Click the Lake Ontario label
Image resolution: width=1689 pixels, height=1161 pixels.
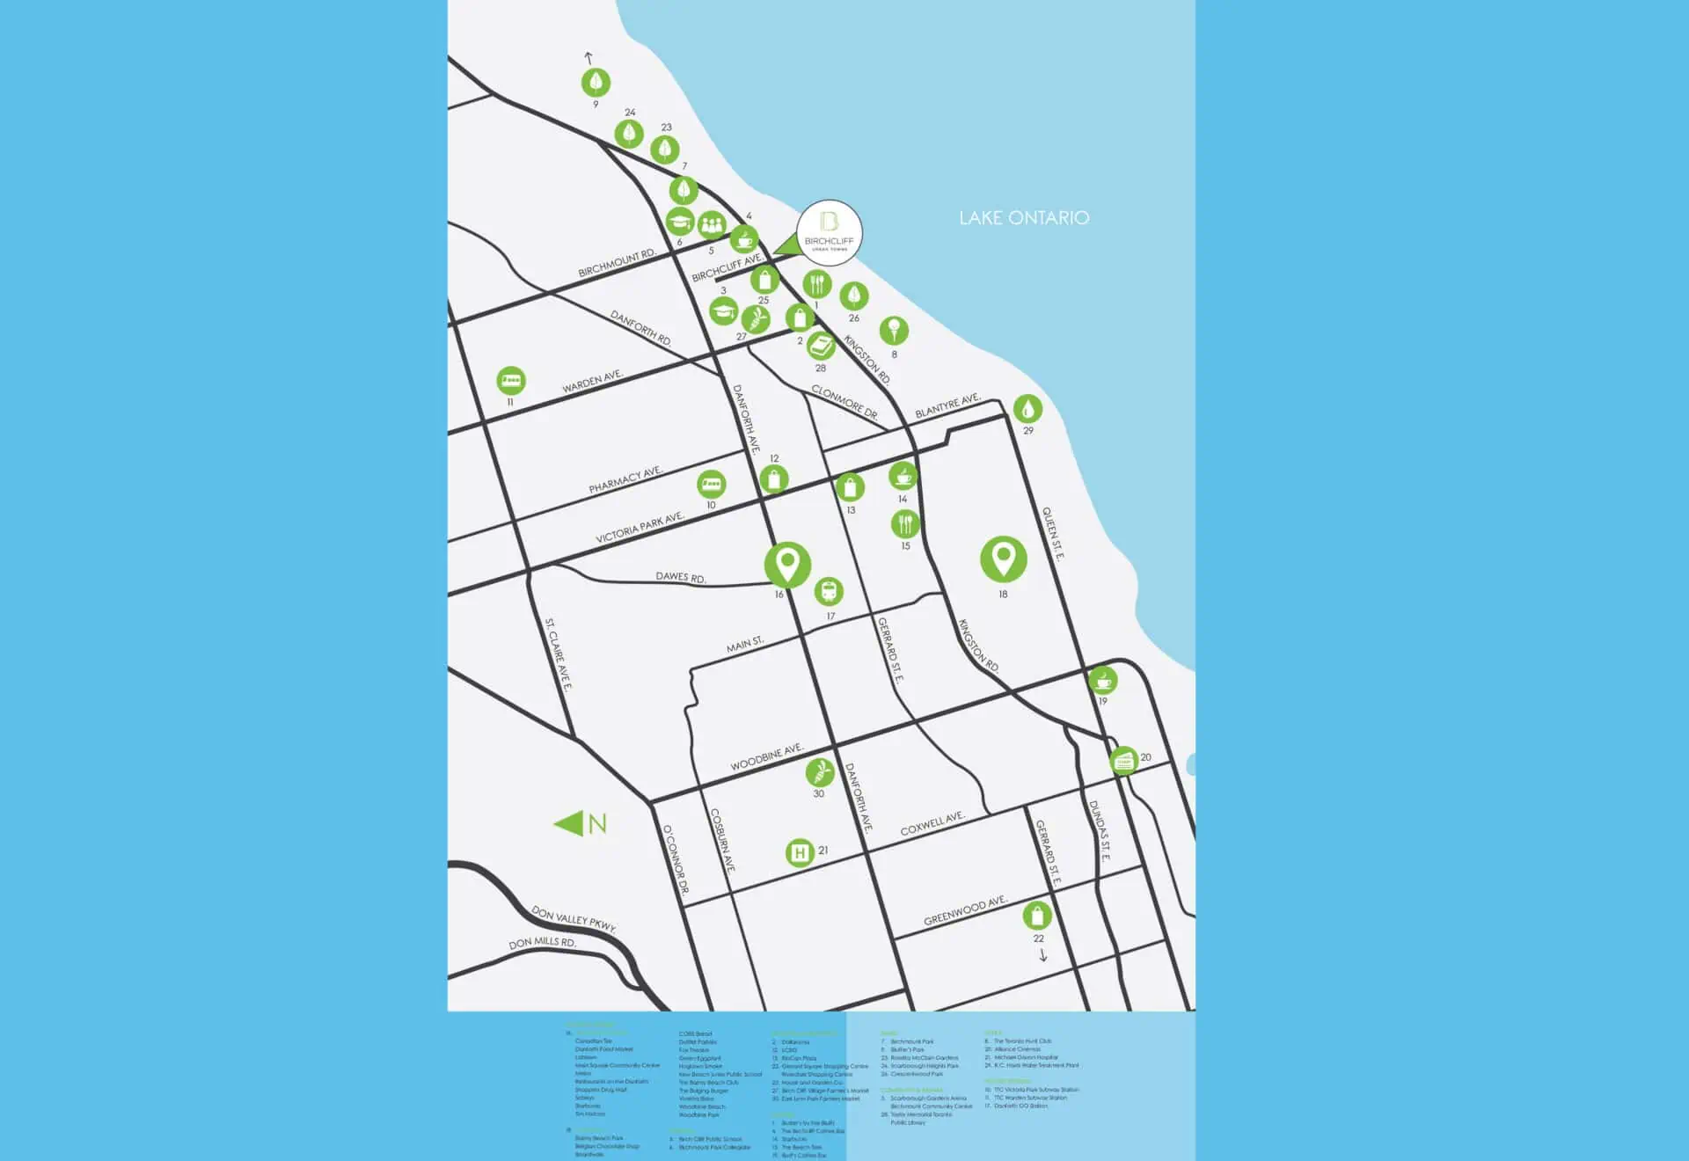1024,218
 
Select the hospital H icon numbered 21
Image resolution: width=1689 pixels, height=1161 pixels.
799,852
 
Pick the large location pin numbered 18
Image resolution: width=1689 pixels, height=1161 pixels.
1003,559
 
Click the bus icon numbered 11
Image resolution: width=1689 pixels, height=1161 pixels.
511,381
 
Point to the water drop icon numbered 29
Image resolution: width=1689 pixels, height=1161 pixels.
1027,408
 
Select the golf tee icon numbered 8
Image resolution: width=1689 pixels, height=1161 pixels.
894,332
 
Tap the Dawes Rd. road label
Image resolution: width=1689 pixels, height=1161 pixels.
680,577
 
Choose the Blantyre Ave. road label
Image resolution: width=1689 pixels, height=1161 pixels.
947,406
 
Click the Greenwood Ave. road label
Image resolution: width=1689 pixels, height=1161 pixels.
964,911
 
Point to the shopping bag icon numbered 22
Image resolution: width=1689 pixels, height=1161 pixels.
1037,916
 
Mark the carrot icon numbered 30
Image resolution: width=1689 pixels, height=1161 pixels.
819,772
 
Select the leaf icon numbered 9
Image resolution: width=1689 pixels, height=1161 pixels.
596,84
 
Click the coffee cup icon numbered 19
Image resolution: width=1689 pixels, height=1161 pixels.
1102,680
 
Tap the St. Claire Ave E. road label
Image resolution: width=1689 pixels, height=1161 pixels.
559,654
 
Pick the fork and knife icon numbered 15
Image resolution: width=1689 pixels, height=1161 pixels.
905,524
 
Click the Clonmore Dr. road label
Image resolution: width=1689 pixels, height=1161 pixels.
844,402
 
